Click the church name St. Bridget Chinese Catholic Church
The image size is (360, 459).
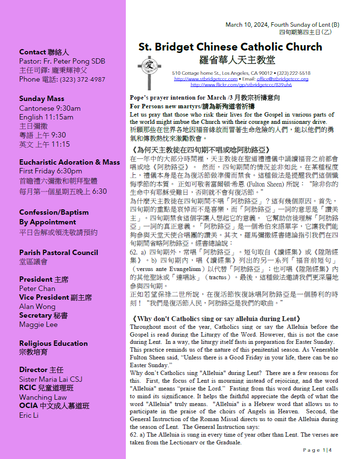(x=230, y=47)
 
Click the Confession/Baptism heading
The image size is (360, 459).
(x=54, y=212)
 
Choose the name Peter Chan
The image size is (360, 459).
(x=37, y=289)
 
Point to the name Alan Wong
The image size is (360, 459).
(x=37, y=306)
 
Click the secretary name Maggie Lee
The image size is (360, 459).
(x=38, y=324)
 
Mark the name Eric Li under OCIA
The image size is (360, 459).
(x=29, y=415)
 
